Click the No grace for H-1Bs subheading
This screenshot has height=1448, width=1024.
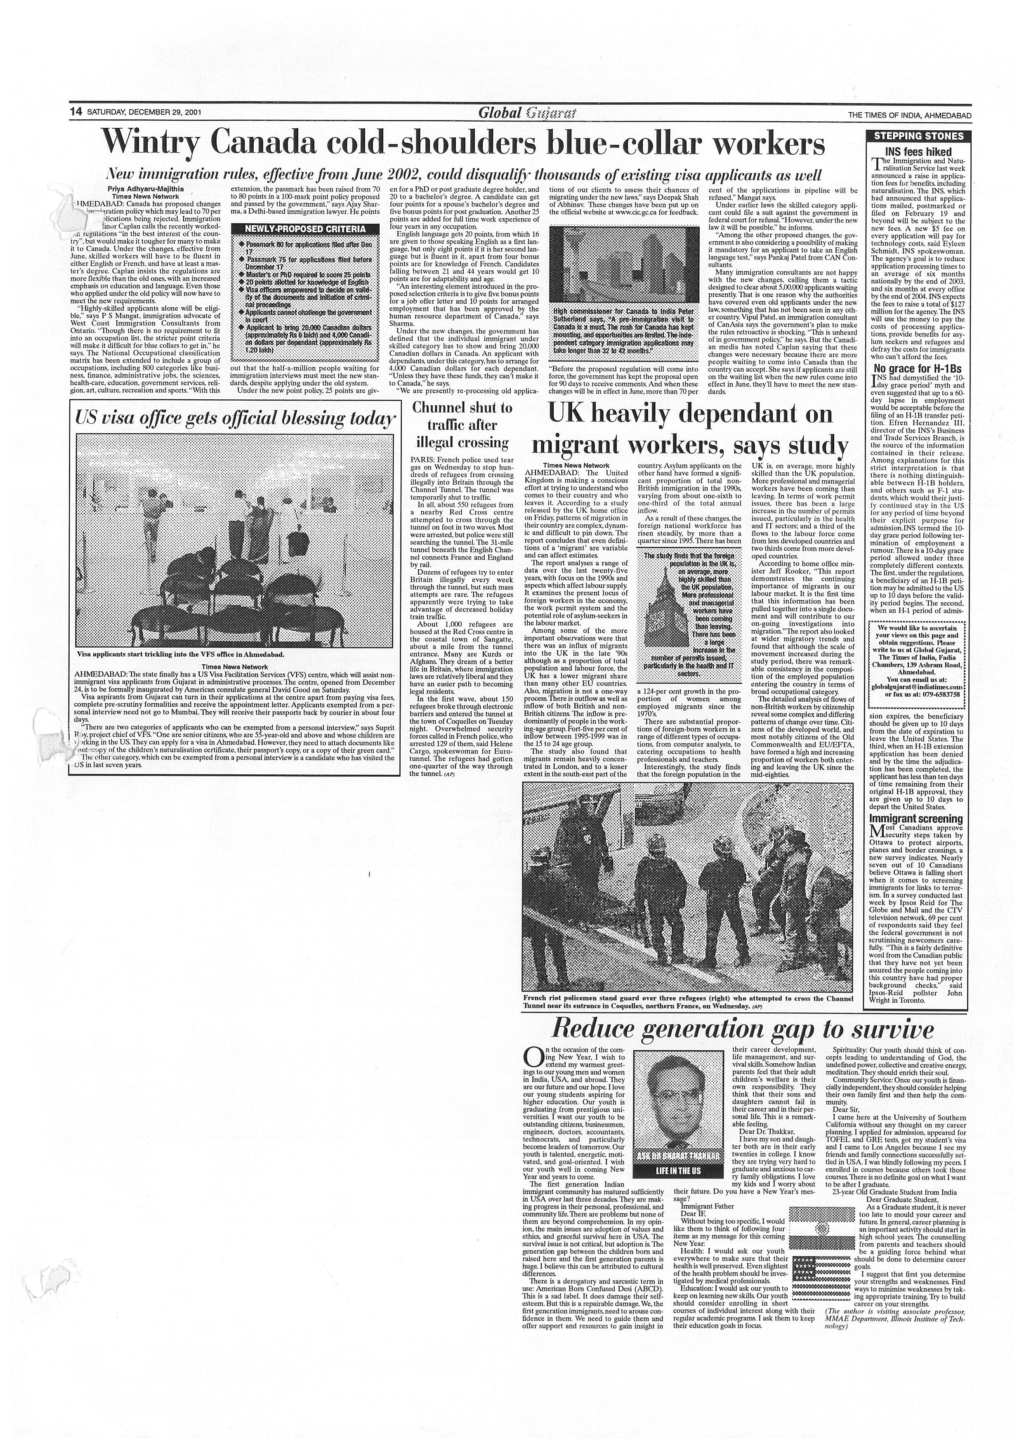click(x=913, y=368)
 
